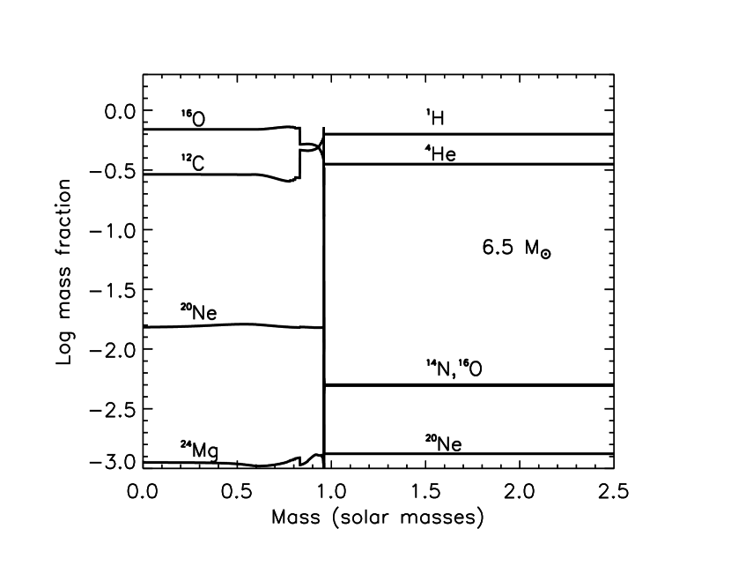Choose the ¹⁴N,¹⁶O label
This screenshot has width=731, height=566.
(x=453, y=370)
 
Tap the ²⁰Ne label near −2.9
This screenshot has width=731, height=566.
(x=443, y=442)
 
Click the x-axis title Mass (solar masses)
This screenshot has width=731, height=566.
(x=378, y=518)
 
